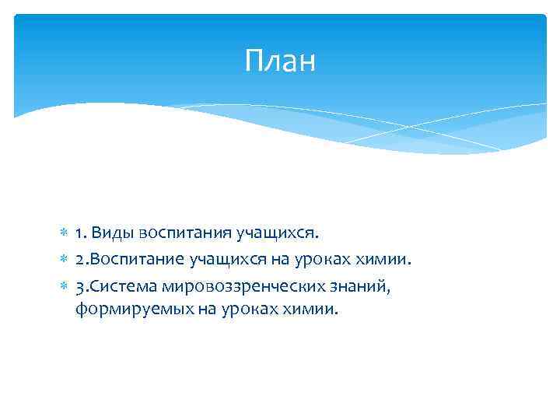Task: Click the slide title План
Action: pos(280,61)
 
